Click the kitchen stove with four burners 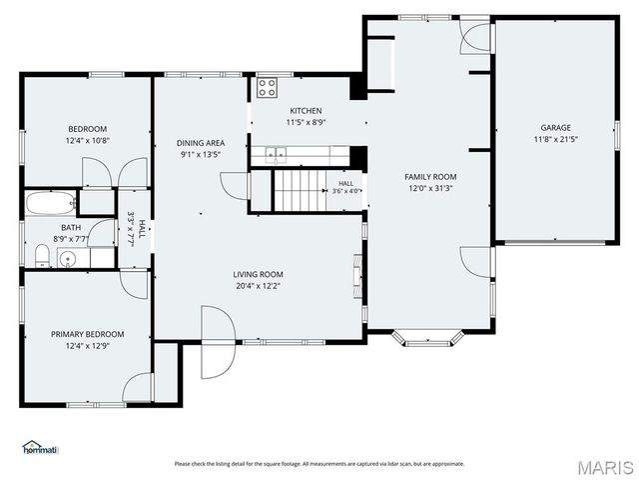point(267,87)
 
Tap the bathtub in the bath point(51,203)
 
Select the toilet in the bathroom point(42,256)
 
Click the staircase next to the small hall point(301,190)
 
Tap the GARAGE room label point(555,128)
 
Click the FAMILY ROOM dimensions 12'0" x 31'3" point(430,189)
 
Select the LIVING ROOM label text point(258,274)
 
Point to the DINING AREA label point(201,143)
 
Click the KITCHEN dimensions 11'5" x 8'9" point(307,122)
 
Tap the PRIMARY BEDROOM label point(88,334)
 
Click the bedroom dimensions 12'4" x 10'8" point(88,141)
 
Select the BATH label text point(71,227)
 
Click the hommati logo point(41,447)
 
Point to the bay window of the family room point(428,338)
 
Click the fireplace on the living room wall point(357,278)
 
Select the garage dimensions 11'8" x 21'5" point(556,139)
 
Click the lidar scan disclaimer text point(319,464)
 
